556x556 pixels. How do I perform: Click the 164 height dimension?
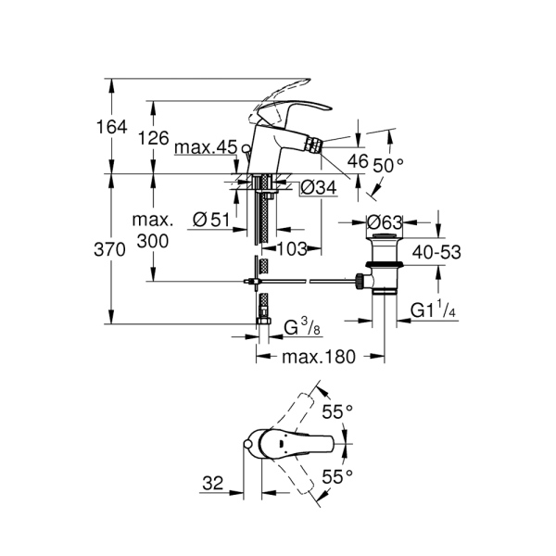click(x=111, y=127)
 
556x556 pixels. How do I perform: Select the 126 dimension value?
click(x=153, y=138)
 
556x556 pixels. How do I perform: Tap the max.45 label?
click(x=205, y=147)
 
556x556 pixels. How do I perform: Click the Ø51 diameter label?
click(x=211, y=220)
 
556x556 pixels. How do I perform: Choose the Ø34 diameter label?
click(x=318, y=188)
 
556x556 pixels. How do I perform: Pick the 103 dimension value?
click(x=292, y=248)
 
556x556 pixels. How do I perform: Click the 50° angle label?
click(x=388, y=165)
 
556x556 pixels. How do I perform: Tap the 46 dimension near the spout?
click(x=357, y=160)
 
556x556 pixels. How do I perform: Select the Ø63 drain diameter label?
click(x=383, y=222)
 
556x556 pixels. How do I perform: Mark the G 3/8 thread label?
click(x=302, y=325)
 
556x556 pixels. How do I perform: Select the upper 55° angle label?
click(x=339, y=409)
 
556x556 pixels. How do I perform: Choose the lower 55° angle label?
click(x=339, y=477)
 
